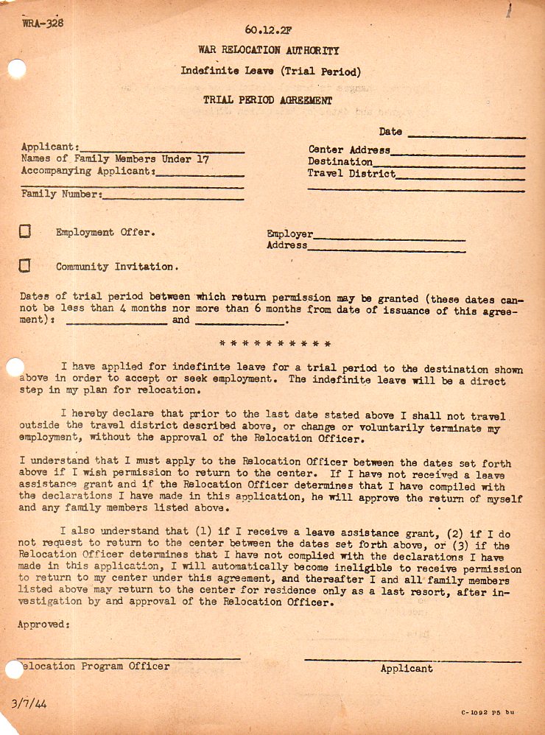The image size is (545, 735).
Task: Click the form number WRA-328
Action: coord(43,23)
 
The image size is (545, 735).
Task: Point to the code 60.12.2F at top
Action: coord(268,30)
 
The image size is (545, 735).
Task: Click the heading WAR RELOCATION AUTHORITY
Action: coord(269,50)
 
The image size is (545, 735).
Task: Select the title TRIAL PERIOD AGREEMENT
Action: coord(268,100)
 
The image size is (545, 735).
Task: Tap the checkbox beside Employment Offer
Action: coord(25,232)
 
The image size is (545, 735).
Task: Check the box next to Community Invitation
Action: coord(25,266)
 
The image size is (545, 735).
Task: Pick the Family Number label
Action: coord(61,194)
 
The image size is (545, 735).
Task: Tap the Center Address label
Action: coord(348,150)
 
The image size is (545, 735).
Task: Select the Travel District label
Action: coord(351,174)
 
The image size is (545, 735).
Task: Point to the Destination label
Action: coord(340,161)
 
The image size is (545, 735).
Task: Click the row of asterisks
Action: coord(275,343)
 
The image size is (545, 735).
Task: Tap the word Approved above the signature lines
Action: coord(43,625)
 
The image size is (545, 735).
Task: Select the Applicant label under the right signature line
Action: coord(407,669)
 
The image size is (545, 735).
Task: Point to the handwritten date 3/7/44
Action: coord(29,703)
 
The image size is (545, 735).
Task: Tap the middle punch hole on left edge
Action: coord(15,367)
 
